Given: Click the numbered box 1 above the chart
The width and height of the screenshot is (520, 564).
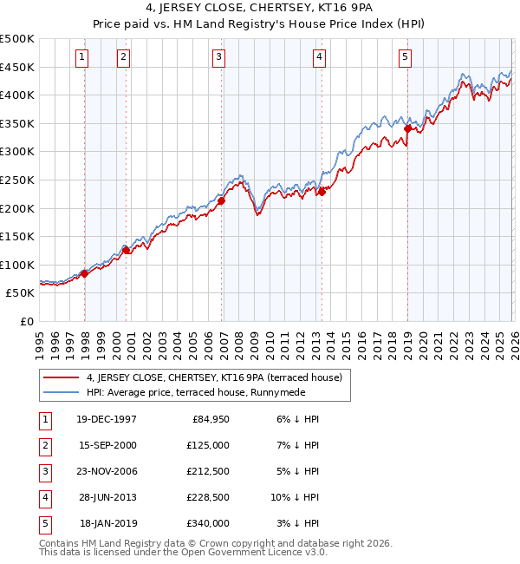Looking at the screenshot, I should tap(81, 57).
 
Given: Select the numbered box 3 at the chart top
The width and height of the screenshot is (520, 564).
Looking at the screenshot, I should tap(218, 57).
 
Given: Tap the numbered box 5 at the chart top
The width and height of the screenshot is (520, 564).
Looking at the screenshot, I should tap(405, 57).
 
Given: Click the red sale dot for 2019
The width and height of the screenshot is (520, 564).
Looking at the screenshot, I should tap(407, 128).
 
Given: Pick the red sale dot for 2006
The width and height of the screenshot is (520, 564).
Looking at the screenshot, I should tap(221, 200).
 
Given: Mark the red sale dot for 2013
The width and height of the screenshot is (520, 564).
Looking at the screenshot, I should tap(321, 192).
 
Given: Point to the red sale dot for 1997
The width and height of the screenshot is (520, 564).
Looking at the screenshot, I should tap(84, 273).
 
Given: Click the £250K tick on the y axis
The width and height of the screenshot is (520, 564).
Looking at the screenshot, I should tap(17, 180).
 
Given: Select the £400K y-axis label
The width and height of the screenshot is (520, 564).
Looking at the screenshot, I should tap(17, 95).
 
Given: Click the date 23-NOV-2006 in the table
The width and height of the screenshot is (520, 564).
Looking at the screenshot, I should tap(107, 471).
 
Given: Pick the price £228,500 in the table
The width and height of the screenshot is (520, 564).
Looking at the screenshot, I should tap(208, 497).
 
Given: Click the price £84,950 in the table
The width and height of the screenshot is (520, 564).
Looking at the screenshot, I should tap(211, 419).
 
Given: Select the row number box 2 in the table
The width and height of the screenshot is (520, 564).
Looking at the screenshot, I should tap(44, 445).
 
